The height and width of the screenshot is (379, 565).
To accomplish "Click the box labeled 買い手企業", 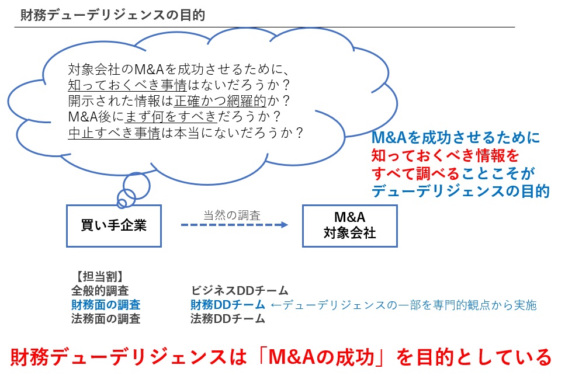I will click(113, 225).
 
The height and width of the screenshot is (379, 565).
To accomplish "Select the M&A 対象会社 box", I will click(349, 225).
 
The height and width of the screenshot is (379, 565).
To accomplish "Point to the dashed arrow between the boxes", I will click(234, 225).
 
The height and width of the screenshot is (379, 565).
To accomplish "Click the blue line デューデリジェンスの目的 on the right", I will click(460, 190).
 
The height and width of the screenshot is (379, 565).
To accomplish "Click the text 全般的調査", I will click(100, 290).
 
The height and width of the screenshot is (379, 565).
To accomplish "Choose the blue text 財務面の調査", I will click(106, 304).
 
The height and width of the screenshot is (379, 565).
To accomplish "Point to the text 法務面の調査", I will click(106, 319).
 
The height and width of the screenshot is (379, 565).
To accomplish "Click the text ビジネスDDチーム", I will click(240, 290).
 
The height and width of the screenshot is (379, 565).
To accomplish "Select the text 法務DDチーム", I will click(228, 319).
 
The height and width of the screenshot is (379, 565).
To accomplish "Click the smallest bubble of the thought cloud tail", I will click(122, 203).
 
